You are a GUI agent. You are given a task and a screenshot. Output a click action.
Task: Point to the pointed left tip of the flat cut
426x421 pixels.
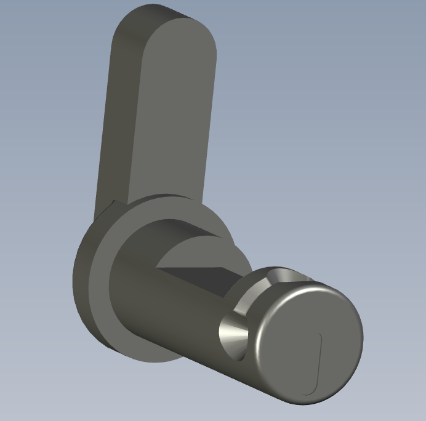coord(158,267)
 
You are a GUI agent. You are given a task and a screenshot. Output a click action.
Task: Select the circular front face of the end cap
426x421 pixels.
coord(308,345)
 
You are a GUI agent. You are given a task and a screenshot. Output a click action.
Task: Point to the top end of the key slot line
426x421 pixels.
coord(321,335)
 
